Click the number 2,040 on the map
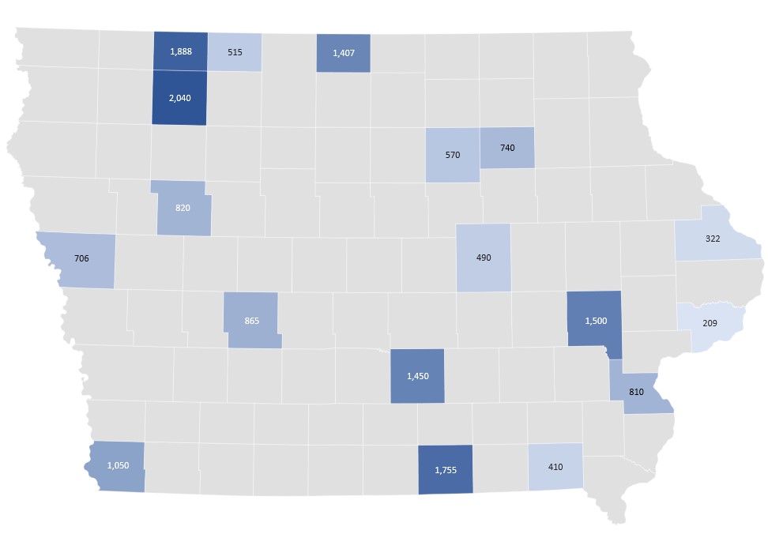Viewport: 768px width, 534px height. (x=179, y=98)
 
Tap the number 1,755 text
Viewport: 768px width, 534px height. (x=446, y=470)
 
